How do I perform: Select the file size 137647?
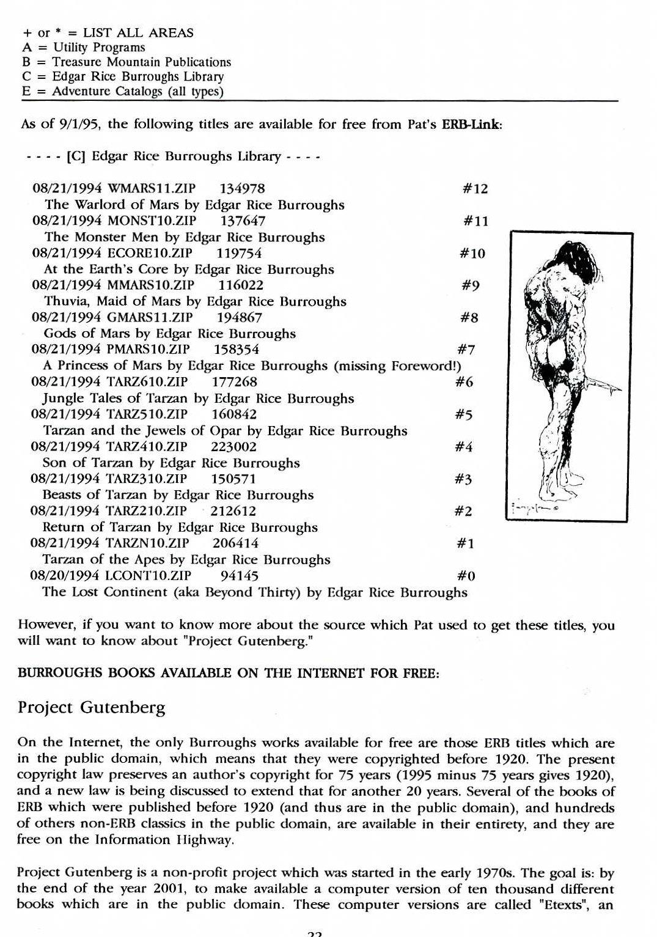coord(243,221)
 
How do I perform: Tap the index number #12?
coord(475,189)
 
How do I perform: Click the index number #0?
coord(466,576)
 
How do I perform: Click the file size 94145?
coord(239,576)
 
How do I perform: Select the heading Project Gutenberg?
coord(92,708)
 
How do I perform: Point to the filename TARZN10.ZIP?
coord(147,543)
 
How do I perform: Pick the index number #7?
coord(466,350)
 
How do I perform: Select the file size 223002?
coord(233,447)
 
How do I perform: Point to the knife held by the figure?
coord(605,385)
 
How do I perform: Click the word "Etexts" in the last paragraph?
coord(564,905)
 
